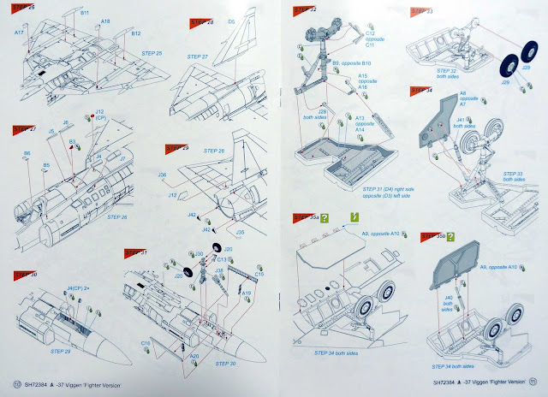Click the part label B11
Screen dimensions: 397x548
[x=84, y=15]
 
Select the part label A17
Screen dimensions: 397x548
[x=18, y=33]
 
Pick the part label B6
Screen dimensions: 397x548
[x=27, y=153]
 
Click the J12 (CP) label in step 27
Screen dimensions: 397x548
[x=100, y=115]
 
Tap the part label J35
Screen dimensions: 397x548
[x=241, y=232]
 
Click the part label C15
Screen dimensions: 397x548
[x=259, y=275]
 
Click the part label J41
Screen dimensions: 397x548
[x=460, y=121]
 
